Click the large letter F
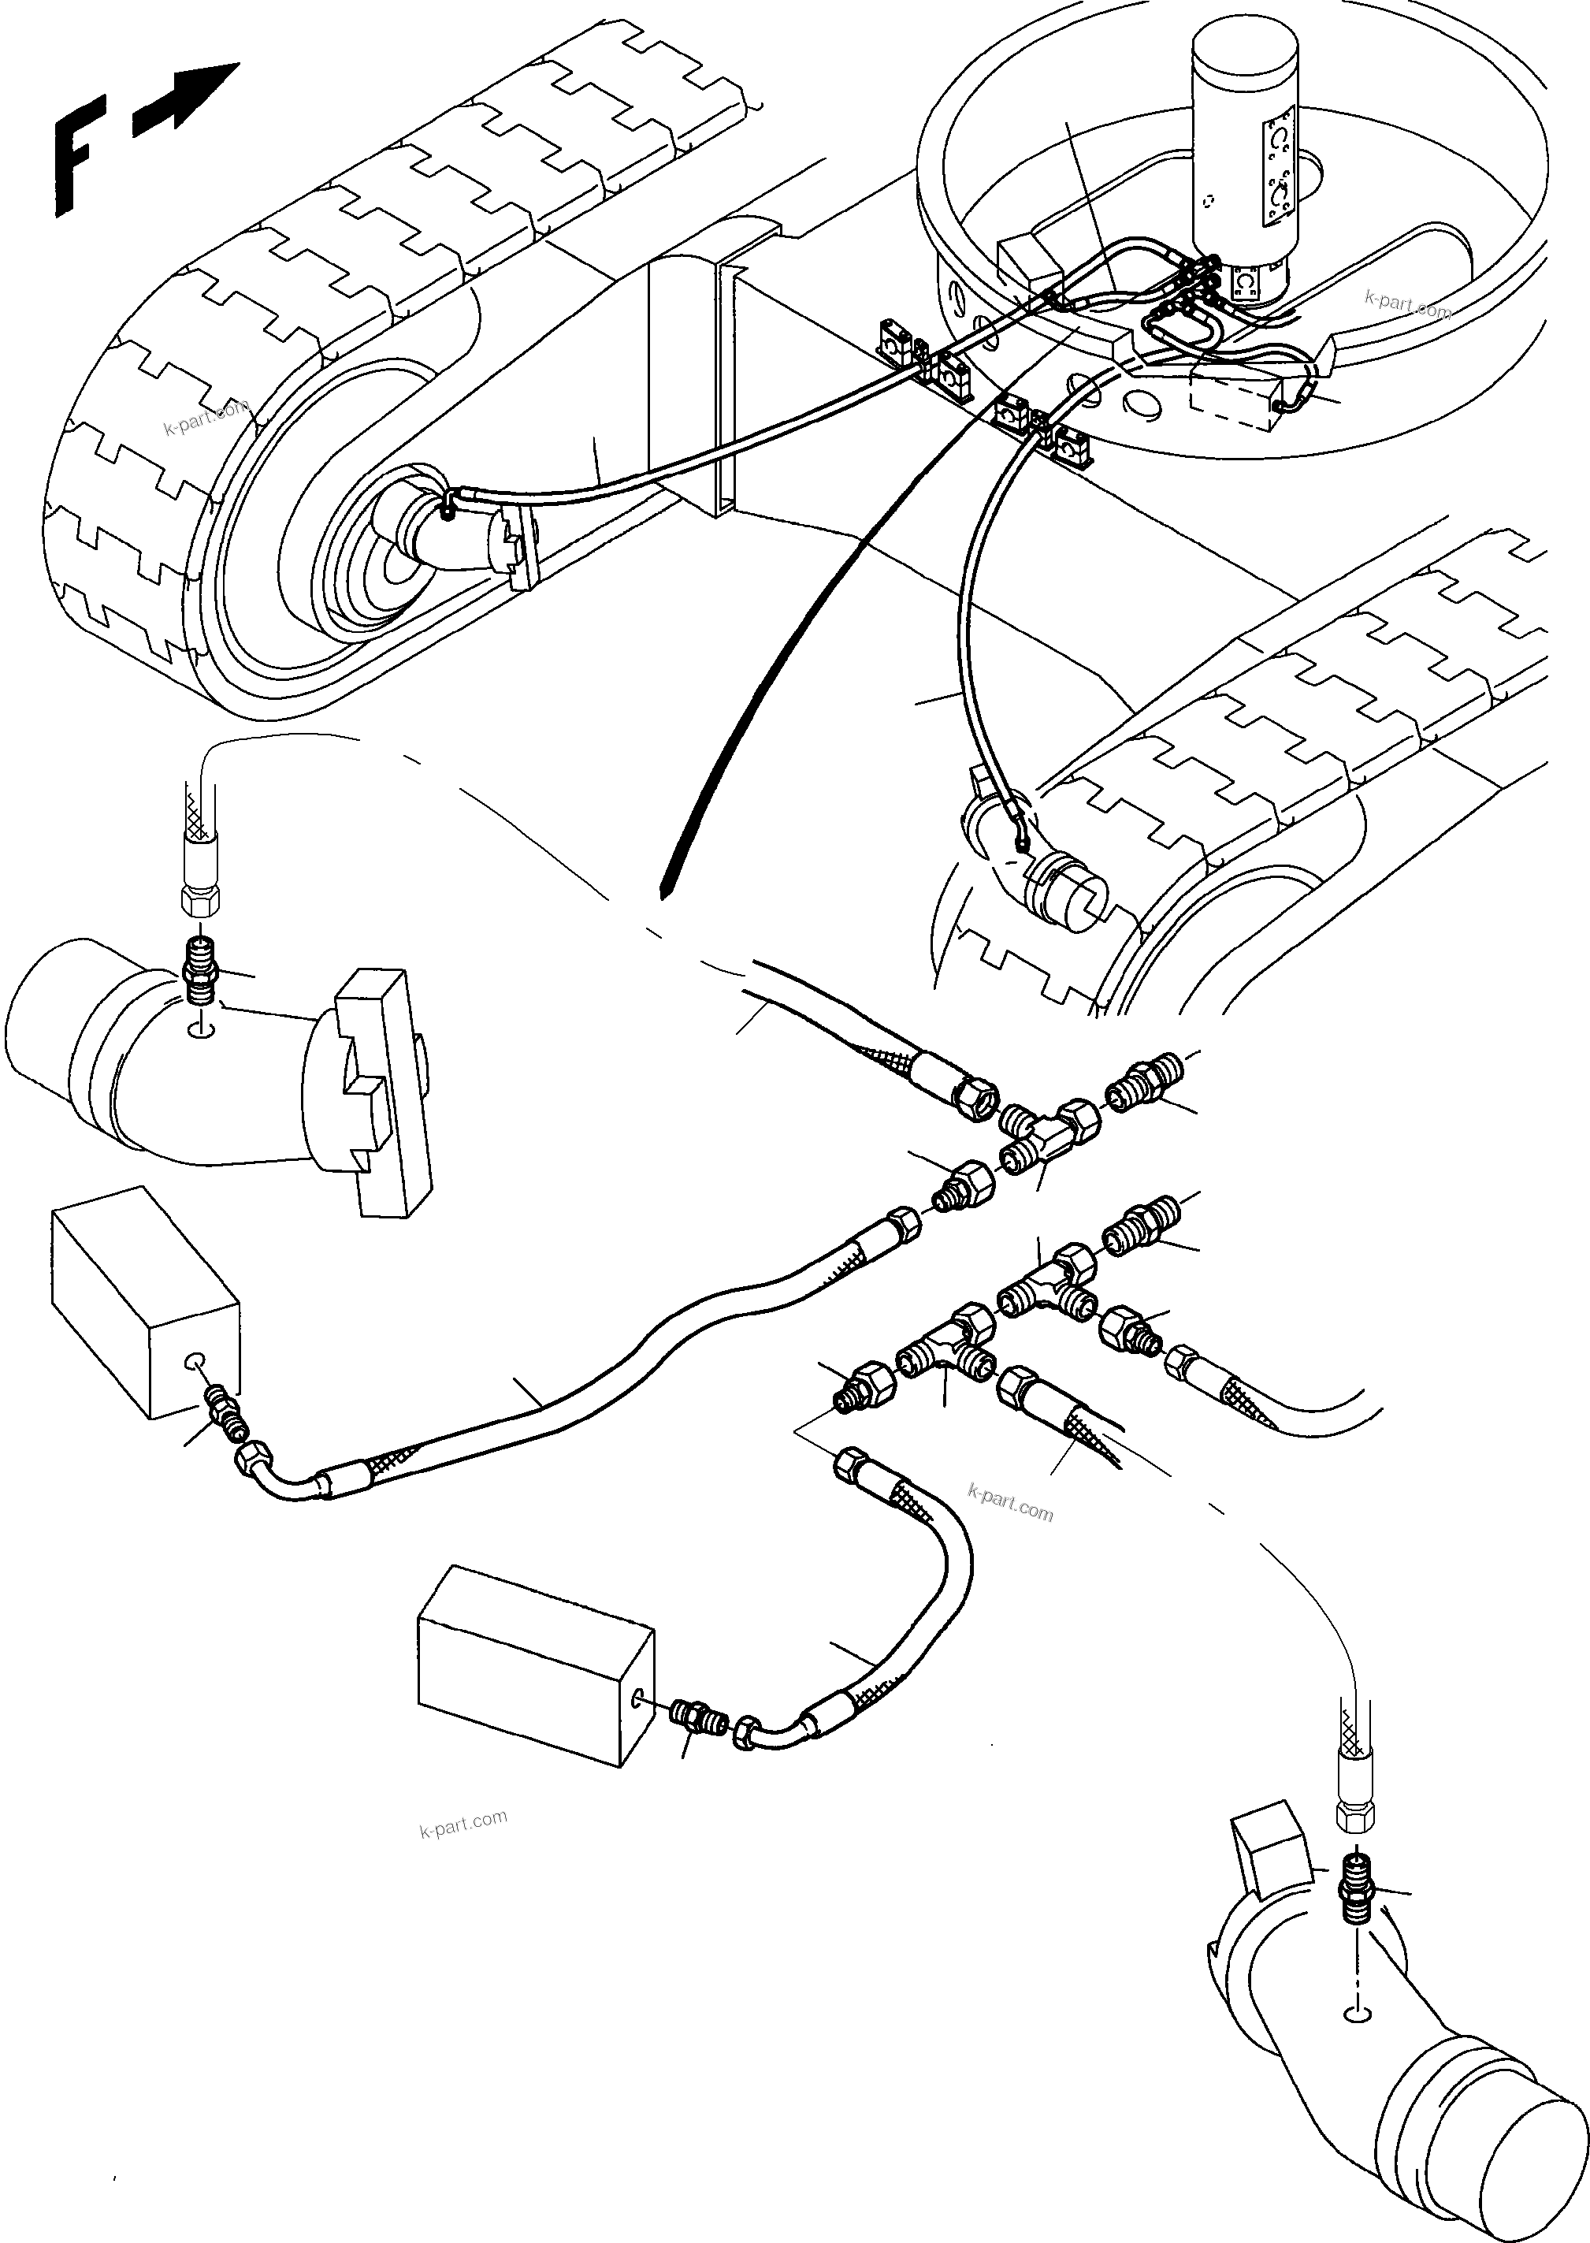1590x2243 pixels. pyautogui.click(x=73, y=162)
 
